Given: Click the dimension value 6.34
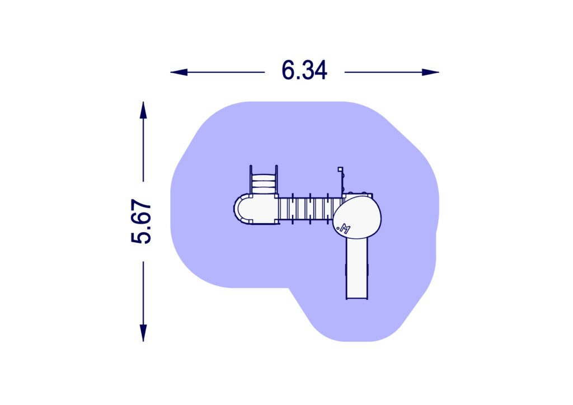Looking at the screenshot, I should click(304, 72).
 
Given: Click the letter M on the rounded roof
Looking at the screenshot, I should click(345, 228).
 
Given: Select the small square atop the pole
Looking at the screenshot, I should click(339, 168).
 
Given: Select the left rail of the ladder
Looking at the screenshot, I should click(251, 179).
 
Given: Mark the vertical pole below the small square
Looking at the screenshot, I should click(341, 182).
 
